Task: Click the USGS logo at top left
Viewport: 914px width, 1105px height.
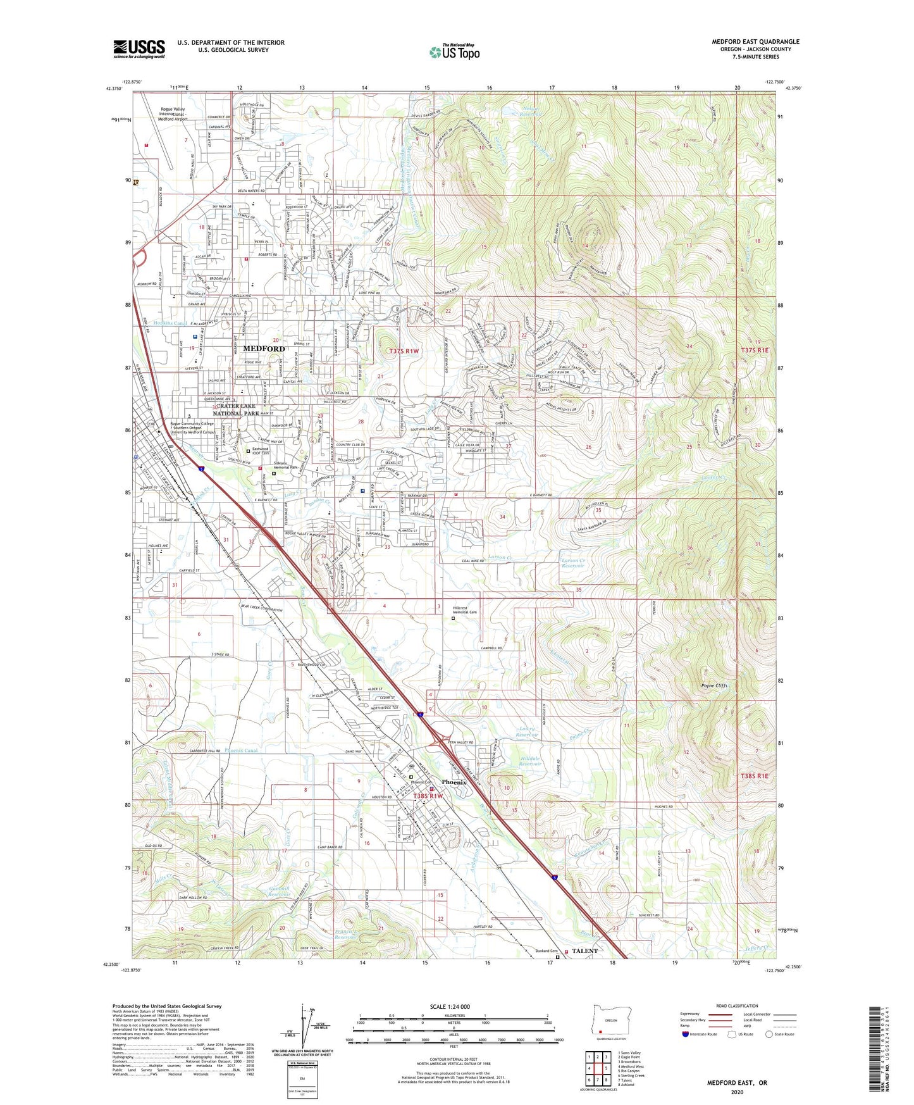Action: tap(139, 49)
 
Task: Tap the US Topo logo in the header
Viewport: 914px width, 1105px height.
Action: tap(454, 52)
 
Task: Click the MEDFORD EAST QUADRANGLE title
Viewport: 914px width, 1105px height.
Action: tap(755, 42)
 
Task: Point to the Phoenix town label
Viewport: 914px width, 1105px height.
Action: tap(454, 782)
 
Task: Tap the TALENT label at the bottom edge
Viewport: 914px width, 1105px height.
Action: tap(584, 951)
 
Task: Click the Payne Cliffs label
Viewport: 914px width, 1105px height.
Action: tap(714, 685)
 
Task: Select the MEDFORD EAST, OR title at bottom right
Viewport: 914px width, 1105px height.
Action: tap(737, 1065)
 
